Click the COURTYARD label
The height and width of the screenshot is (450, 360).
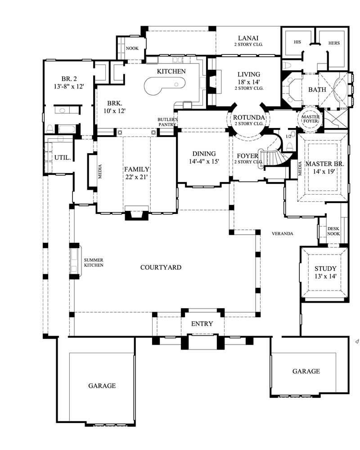click(161, 268)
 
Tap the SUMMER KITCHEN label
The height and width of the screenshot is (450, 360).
click(94, 263)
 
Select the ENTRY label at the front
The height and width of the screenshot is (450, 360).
click(202, 324)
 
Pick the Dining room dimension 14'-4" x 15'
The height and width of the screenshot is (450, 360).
click(204, 161)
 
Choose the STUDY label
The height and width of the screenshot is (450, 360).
click(325, 269)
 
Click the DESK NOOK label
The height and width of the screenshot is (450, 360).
click(333, 231)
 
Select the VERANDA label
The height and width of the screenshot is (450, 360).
click(283, 234)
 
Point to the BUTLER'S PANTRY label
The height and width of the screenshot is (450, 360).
click(167, 122)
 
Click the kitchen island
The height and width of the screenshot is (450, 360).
click(164, 85)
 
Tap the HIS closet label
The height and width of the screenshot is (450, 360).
click(297, 43)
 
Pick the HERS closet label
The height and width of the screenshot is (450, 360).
click(334, 43)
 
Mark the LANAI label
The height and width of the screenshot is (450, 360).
click(248, 38)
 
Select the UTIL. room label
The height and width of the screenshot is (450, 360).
click(62, 158)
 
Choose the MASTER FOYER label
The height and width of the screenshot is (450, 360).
click(310, 118)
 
